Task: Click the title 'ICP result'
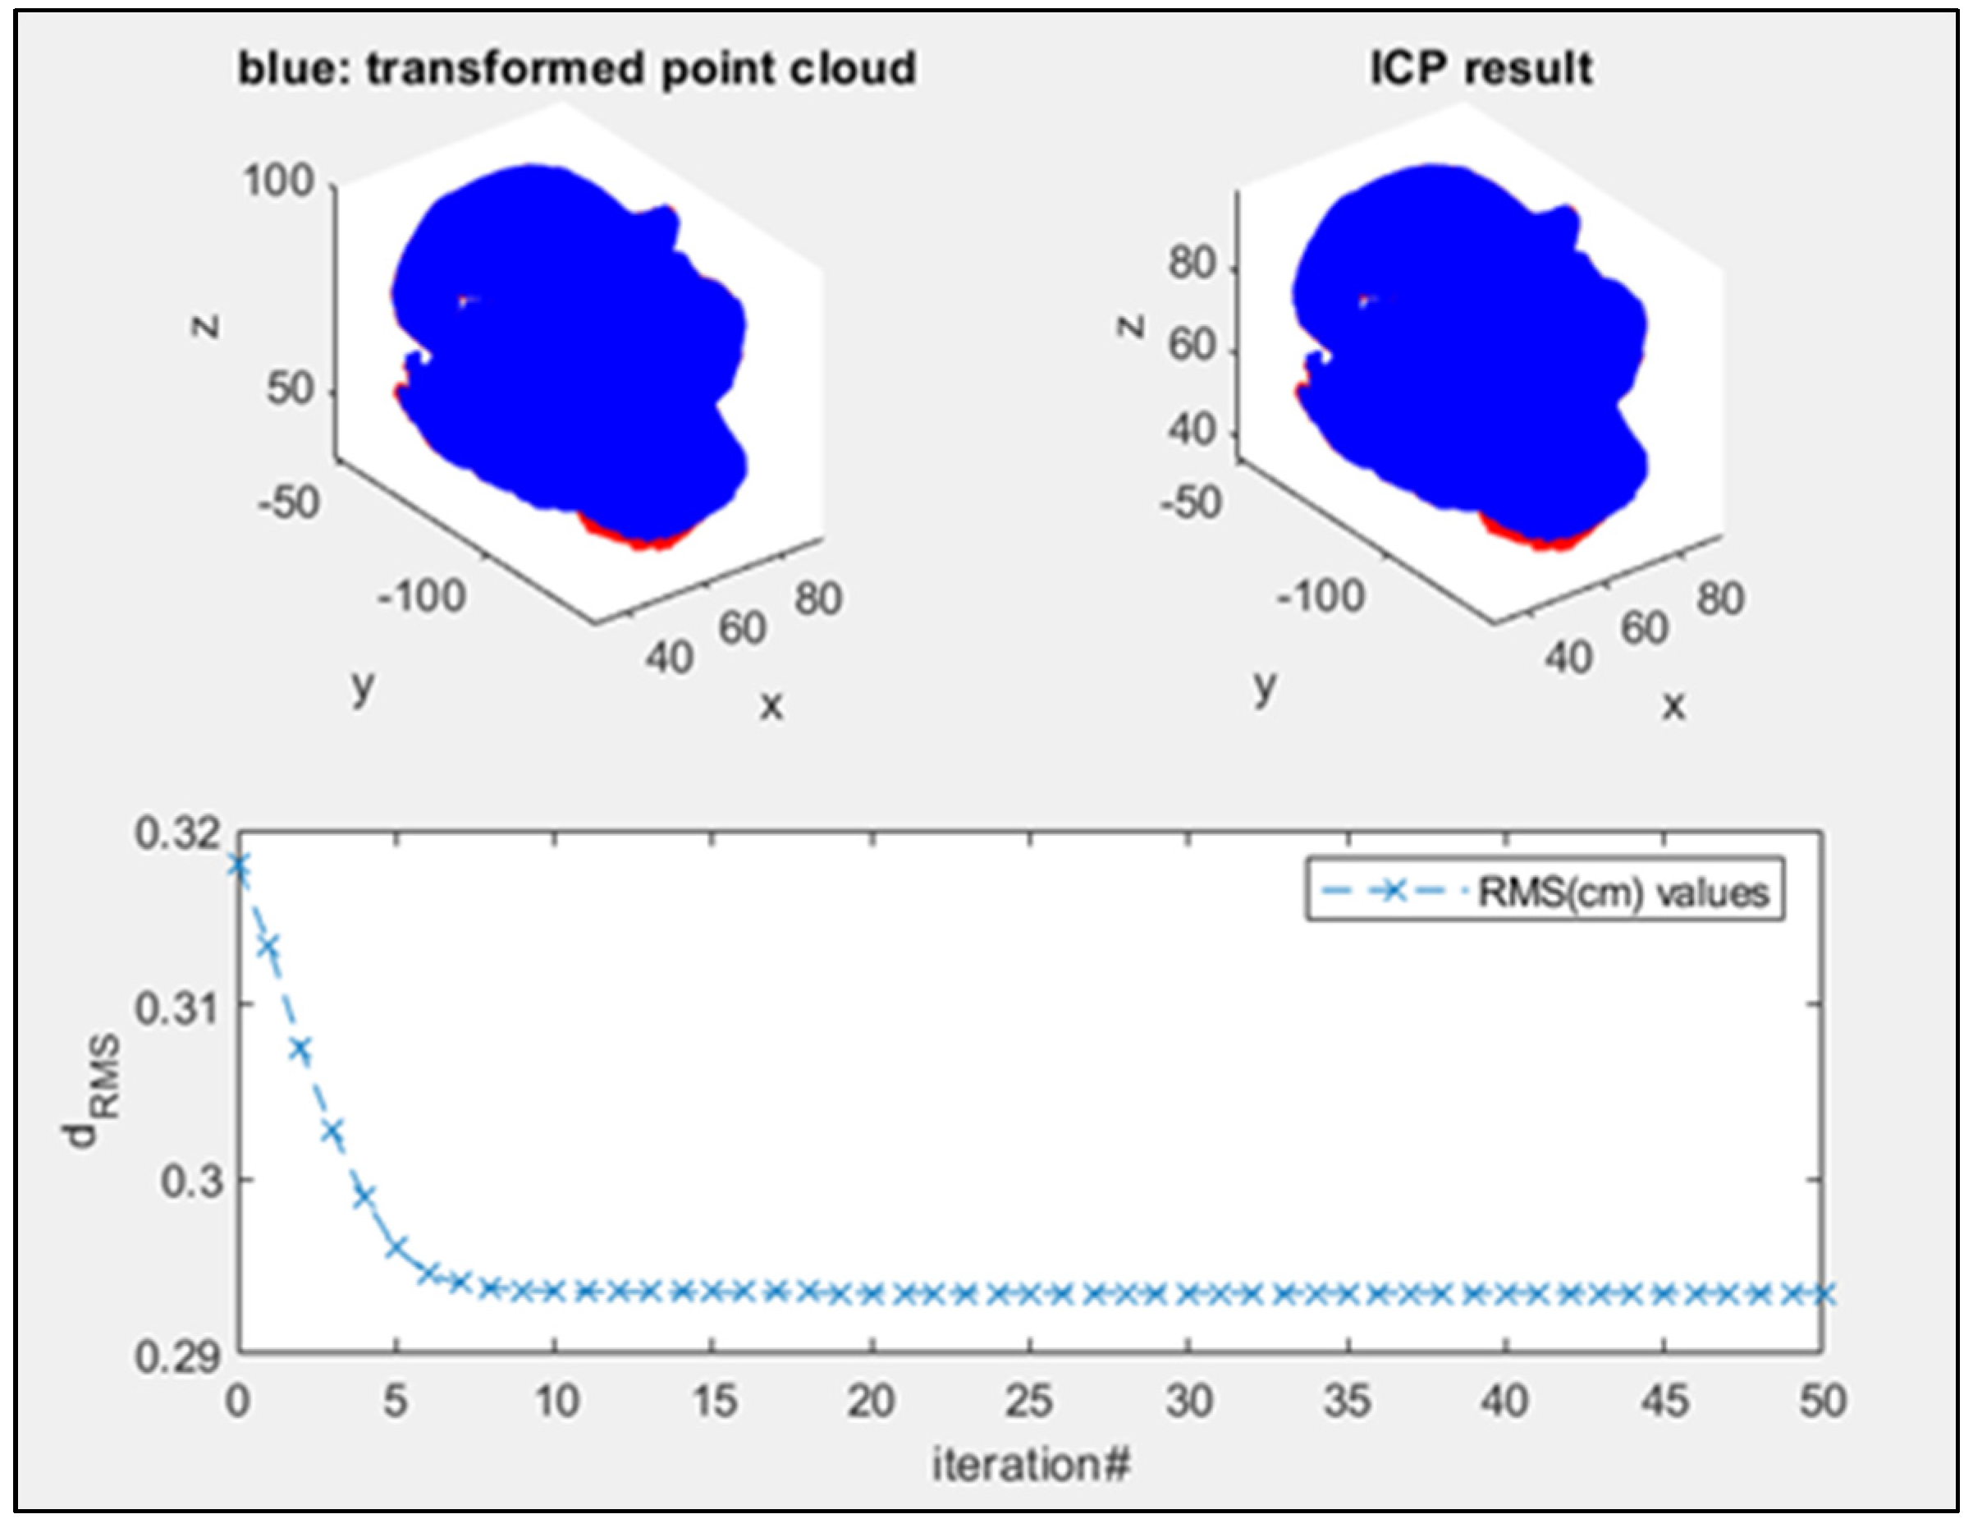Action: (1481, 70)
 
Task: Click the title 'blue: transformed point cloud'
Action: (576, 70)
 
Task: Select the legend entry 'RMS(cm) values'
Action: (1622, 892)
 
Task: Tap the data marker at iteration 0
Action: (239, 865)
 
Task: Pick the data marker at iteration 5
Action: (396, 1248)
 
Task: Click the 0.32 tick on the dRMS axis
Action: (178, 833)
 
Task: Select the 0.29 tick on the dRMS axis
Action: (178, 1356)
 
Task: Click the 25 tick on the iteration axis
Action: (1030, 1402)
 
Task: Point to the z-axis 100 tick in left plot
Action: (278, 181)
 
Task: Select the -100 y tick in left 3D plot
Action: (422, 596)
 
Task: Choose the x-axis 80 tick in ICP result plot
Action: (1719, 599)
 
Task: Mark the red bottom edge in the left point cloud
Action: (642, 539)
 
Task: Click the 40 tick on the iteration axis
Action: (1505, 1402)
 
